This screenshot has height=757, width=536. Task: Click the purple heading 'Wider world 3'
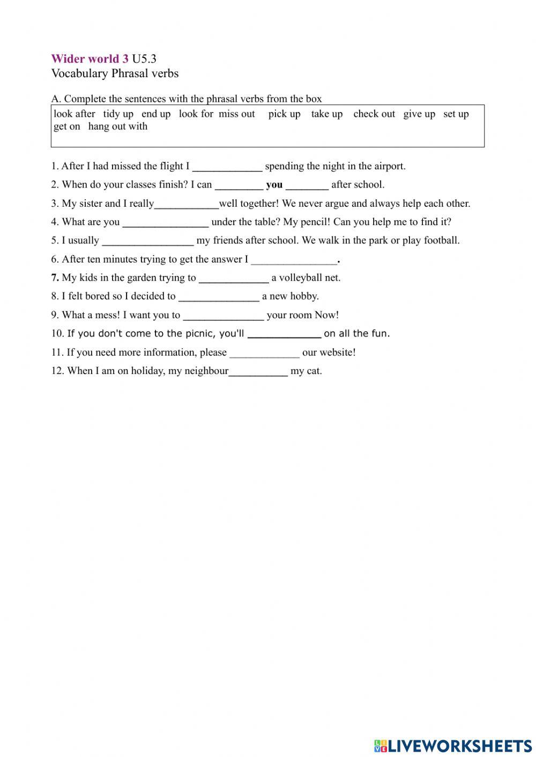pyautogui.click(x=90, y=59)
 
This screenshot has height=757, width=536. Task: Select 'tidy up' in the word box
pyautogui.click(x=118, y=114)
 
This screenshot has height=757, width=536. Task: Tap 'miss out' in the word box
pyautogui.click(x=236, y=114)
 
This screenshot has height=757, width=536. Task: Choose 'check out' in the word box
pyautogui.click(x=374, y=114)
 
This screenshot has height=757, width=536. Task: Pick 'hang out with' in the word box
pyautogui.click(x=117, y=126)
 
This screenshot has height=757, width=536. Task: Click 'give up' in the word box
pyautogui.click(x=419, y=114)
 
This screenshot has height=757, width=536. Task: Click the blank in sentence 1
pyautogui.click(x=227, y=167)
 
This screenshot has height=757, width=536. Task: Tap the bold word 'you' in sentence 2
pyautogui.click(x=274, y=185)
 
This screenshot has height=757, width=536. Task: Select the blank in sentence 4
pyautogui.click(x=165, y=222)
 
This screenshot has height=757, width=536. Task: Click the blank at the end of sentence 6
pyautogui.click(x=294, y=260)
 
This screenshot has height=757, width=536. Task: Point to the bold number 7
pyautogui.click(x=55, y=278)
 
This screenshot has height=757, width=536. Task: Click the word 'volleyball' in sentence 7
pyautogui.click(x=301, y=278)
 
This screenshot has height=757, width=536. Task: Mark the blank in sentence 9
pyautogui.click(x=223, y=316)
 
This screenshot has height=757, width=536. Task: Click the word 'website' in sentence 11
pyautogui.click(x=336, y=353)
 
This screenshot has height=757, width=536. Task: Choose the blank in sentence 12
pyautogui.click(x=258, y=371)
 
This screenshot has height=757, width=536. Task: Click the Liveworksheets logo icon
pyautogui.click(x=380, y=745)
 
